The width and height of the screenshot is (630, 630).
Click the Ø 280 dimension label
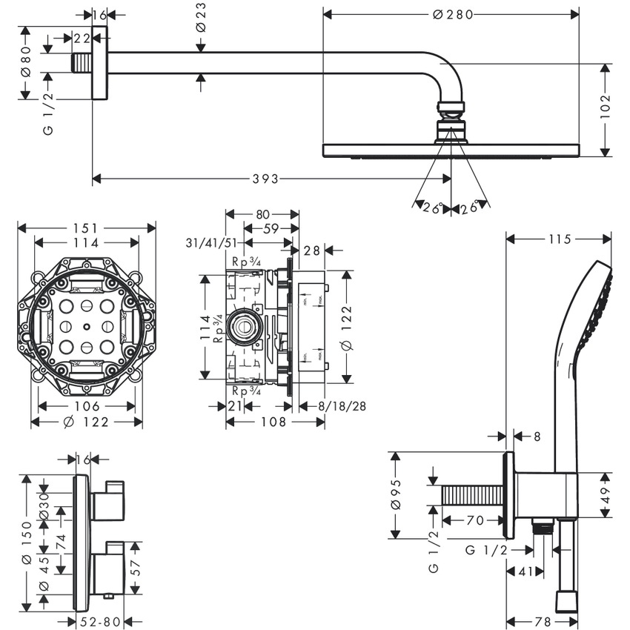point(451,14)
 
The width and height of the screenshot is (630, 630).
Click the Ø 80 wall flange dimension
point(25,62)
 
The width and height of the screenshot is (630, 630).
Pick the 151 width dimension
point(87,228)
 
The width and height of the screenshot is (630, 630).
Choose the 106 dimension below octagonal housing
point(87,405)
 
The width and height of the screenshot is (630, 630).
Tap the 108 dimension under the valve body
point(273,421)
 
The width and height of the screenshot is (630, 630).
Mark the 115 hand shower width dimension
point(560,239)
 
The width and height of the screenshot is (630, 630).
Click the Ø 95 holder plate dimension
point(396,495)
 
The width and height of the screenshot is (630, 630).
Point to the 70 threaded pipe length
point(475,521)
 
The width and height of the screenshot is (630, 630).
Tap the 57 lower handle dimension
point(134,568)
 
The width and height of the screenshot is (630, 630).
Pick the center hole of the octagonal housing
point(87,326)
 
